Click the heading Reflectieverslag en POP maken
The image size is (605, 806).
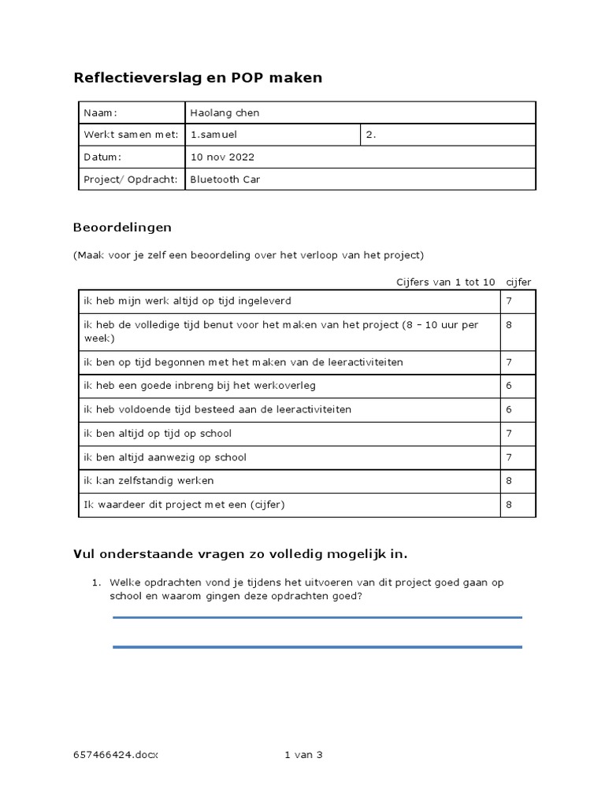(198, 78)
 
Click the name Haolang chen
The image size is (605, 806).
(225, 113)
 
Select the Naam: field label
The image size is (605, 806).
(100, 113)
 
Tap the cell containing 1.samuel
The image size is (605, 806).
(213, 135)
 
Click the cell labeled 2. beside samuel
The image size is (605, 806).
(371, 135)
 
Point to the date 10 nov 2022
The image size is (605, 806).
(222, 157)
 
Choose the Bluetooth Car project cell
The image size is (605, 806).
(225, 179)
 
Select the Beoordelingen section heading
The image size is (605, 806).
(122, 227)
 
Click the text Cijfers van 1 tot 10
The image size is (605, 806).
(445, 282)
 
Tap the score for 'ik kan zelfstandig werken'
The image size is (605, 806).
(509, 480)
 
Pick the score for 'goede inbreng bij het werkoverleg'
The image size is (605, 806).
(509, 386)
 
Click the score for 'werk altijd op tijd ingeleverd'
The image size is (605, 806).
(509, 301)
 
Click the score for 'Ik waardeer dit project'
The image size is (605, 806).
(509, 504)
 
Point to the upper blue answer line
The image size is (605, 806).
(317, 618)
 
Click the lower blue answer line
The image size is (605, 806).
(317, 647)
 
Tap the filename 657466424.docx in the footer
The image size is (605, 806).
(116, 755)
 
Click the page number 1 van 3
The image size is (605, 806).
(303, 755)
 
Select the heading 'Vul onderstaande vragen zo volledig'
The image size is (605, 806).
(240, 554)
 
